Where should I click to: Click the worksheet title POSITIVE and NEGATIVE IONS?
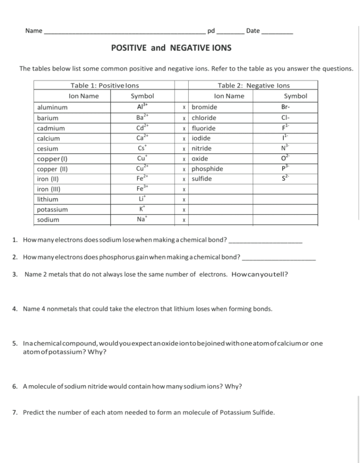[171, 48]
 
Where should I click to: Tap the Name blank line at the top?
[124, 32]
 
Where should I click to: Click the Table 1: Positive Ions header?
[104, 86]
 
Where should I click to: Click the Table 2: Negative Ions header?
[253, 86]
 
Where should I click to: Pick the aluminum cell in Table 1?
[52, 107]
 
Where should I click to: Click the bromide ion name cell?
[204, 107]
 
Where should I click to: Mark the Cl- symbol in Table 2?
[286, 118]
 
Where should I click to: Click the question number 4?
[15, 309]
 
